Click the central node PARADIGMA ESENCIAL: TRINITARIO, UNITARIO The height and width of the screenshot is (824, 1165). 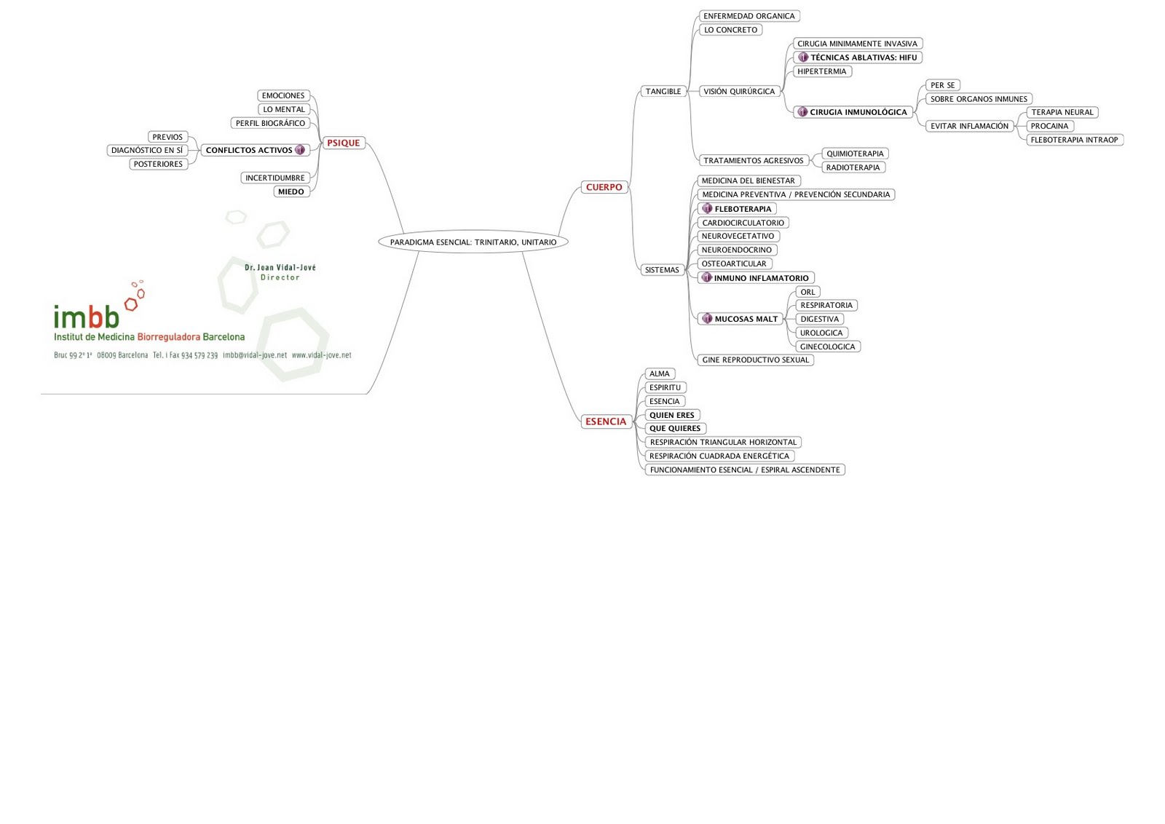point(473,242)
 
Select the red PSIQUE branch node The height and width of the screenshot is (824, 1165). point(343,143)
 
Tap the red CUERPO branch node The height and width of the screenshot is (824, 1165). point(604,188)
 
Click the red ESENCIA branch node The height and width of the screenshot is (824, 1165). point(605,422)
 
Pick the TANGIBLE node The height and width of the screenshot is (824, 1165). point(663,92)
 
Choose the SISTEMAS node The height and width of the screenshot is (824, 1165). point(661,270)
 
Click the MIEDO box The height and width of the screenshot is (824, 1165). point(291,192)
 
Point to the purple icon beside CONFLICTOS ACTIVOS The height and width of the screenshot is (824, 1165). point(300,150)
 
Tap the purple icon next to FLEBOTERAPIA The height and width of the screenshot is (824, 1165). point(706,209)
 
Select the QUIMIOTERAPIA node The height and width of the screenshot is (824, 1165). point(854,154)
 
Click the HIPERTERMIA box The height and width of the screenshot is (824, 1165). point(821,72)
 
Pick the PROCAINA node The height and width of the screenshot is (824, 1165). point(1049,127)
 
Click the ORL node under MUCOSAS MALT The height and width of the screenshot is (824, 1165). point(807,293)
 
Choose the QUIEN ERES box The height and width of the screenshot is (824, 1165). point(671,416)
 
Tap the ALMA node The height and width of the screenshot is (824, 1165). point(659,374)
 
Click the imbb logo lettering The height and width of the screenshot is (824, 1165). point(86,317)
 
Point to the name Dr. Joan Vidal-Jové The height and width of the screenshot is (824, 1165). point(280,268)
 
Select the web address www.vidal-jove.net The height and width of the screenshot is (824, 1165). point(321,356)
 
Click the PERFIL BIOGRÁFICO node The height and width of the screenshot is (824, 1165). point(270,124)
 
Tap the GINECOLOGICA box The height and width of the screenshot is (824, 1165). point(827,347)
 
